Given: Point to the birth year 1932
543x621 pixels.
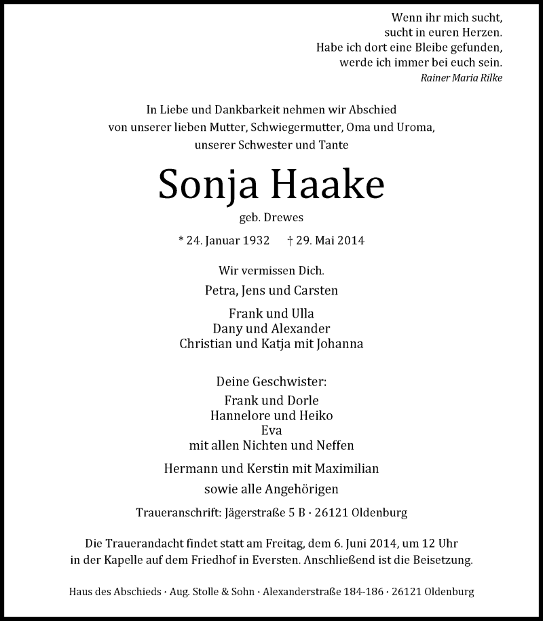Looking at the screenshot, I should (x=255, y=241).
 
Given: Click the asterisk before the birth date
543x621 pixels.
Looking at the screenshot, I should (x=181, y=241).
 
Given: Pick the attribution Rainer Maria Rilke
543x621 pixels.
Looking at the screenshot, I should (x=462, y=77).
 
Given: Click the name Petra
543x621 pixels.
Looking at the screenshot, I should (x=220, y=291).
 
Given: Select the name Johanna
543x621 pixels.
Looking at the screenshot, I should (x=339, y=343).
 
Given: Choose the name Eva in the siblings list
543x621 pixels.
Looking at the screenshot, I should (x=271, y=431).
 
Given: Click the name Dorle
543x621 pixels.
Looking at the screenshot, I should (x=303, y=400).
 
